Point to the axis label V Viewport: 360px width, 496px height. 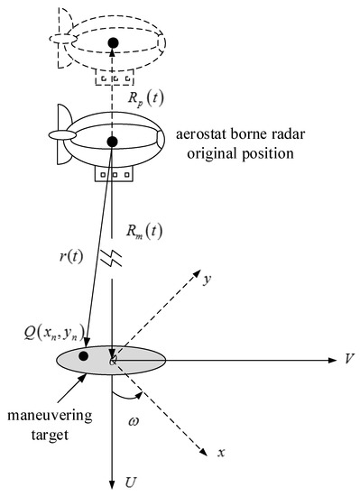[346, 358]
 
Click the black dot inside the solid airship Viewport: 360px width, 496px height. [112, 142]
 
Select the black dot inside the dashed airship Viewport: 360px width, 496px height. [112, 41]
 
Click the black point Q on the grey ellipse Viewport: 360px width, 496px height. [83, 356]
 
